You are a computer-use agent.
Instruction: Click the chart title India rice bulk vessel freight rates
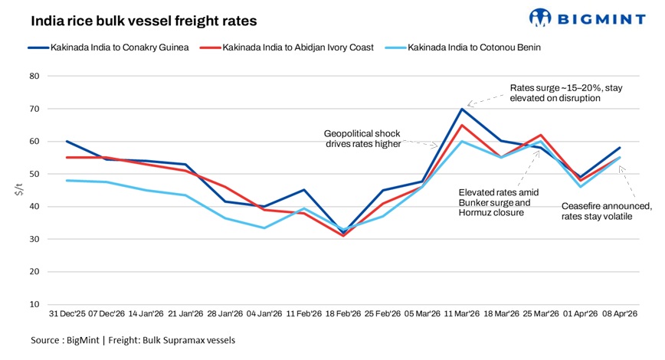(144, 21)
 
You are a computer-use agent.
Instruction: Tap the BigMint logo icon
(541, 17)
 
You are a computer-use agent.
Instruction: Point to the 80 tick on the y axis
(34, 77)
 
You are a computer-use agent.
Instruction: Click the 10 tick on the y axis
(34, 304)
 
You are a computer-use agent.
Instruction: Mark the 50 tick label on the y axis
(34, 174)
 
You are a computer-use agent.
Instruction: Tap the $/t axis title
(17, 191)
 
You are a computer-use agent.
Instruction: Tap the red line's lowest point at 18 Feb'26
(343, 236)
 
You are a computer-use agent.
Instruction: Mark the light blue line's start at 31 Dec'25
(67, 181)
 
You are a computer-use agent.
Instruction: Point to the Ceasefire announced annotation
(606, 211)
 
